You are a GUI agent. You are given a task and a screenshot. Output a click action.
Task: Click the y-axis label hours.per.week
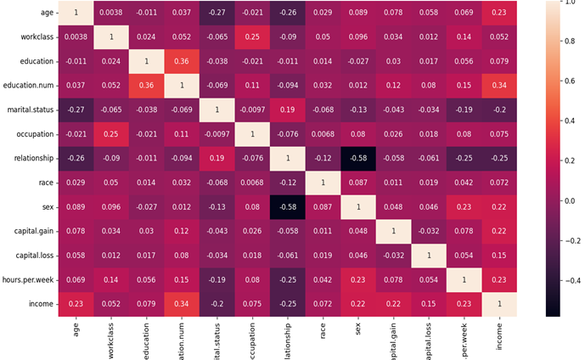coord(30,278)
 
